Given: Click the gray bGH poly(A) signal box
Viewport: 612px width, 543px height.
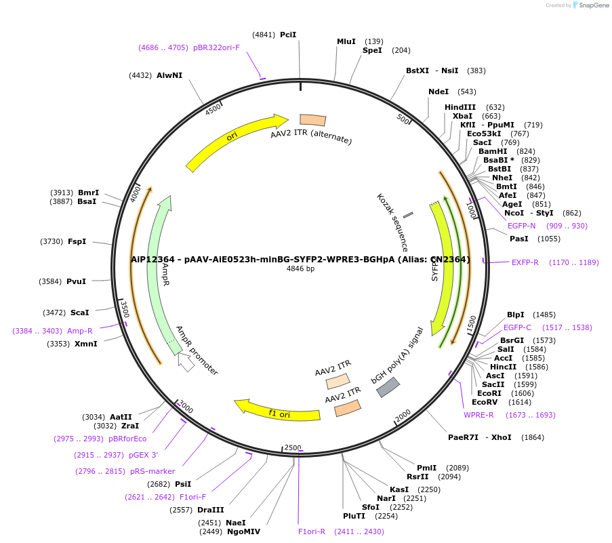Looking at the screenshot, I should click(x=388, y=387).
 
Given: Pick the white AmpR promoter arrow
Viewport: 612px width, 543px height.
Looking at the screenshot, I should click(x=186, y=363).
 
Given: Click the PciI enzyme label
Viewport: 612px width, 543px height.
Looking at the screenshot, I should click(x=288, y=35).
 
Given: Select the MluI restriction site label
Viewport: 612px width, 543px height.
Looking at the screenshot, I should click(x=346, y=41).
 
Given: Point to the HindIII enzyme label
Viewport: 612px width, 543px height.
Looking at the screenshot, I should click(x=460, y=107).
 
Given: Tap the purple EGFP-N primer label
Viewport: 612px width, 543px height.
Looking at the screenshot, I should click(x=521, y=226).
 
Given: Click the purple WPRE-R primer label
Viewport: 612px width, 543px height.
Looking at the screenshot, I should click(x=478, y=415).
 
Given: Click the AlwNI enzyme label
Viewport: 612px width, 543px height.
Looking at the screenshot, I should click(x=169, y=75).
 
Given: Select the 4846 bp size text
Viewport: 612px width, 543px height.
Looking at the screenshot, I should click(x=300, y=268).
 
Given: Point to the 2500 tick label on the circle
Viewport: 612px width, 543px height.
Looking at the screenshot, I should click(x=292, y=447).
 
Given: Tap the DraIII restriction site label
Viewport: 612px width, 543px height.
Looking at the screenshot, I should click(x=210, y=510).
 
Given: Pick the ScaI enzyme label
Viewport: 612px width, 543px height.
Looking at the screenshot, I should click(x=79, y=313).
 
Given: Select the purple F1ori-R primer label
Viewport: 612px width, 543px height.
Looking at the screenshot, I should click(x=312, y=531).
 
